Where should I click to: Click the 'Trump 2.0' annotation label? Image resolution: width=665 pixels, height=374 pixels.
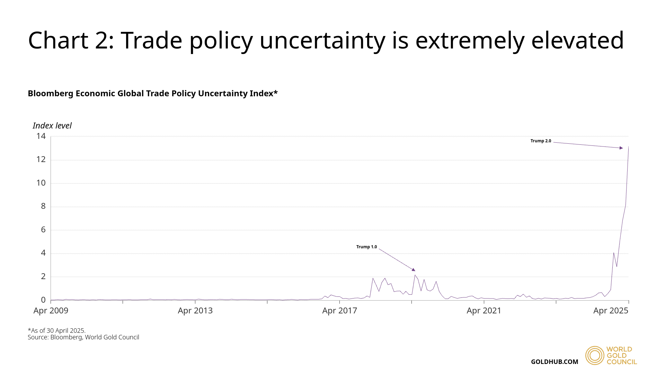541,141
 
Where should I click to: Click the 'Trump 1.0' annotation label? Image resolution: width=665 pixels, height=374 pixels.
366,247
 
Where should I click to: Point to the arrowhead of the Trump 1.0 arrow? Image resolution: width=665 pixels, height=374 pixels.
413,269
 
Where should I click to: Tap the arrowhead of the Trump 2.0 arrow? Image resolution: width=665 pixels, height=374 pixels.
621,148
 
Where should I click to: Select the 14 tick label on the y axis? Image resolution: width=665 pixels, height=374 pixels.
41,136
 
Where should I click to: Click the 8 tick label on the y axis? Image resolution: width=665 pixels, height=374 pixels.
43,206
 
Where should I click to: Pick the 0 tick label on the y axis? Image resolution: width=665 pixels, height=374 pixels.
43,300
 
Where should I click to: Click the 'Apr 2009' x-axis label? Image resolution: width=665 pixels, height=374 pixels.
51,311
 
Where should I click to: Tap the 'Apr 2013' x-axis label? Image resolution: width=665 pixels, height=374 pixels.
195,311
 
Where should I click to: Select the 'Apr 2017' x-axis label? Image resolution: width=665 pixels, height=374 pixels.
339,311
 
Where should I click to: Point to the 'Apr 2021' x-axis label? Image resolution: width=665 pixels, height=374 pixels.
484,311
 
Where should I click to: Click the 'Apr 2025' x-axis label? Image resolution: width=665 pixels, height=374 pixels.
611,311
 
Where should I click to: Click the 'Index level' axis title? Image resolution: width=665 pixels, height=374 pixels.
52,126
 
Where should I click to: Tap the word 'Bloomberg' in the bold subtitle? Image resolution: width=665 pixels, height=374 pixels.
50,93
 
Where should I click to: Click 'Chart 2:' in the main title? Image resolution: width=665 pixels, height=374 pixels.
71,41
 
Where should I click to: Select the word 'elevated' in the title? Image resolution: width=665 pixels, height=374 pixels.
577,41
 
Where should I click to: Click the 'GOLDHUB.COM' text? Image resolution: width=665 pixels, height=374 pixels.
555,362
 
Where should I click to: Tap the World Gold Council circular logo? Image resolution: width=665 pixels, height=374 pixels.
594,355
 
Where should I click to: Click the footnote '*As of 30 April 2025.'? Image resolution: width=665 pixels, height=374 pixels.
56,330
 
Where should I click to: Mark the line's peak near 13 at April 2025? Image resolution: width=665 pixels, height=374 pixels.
628,147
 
